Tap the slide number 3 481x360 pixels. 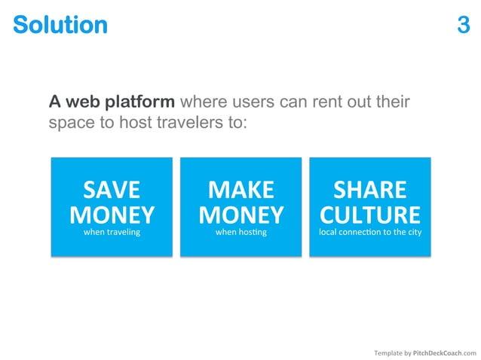click(463, 25)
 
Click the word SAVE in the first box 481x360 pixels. click(112, 188)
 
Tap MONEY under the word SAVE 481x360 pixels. click(112, 215)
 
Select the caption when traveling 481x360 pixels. click(112, 233)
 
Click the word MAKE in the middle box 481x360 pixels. click(240, 188)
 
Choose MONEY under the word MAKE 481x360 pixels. click(240, 215)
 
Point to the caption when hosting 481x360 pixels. click(240, 233)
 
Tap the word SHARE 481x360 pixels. click(369, 188)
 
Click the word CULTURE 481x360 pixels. click(369, 215)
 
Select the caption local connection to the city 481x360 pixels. click(369, 233)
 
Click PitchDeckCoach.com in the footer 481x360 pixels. click(445, 352)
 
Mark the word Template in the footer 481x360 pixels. click(388, 352)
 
